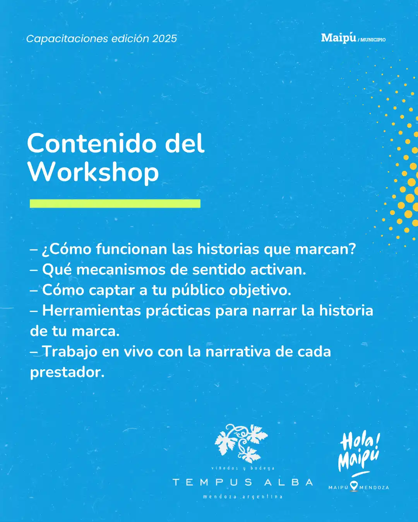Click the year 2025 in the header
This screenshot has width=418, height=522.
point(164,39)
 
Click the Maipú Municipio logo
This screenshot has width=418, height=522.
point(353,38)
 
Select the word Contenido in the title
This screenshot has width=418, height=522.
point(93,143)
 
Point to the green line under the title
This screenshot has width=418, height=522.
point(115,204)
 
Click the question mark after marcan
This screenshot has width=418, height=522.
point(352,249)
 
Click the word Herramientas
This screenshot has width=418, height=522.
point(91,310)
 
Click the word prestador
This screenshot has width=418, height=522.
point(67,372)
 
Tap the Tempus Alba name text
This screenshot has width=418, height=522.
point(243,482)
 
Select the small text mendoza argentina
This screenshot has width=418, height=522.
point(243,496)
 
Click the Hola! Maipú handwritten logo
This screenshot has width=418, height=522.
point(359,452)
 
